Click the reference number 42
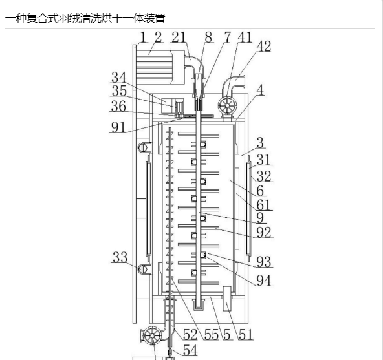[x=264, y=46]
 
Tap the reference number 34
[x=119, y=78]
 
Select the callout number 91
[x=118, y=127]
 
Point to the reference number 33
[x=120, y=257]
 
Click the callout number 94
[x=264, y=281]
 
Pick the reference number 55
[x=212, y=334]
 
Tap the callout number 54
[x=190, y=350]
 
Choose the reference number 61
[x=264, y=205]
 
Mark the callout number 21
[x=179, y=37]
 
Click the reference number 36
[x=118, y=106]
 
